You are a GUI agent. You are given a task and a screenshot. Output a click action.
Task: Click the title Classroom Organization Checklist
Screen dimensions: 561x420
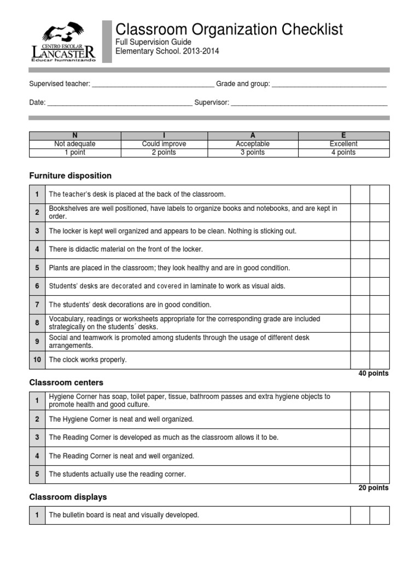(x=229, y=29)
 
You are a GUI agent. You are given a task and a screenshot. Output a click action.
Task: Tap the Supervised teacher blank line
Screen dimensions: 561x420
(x=153, y=85)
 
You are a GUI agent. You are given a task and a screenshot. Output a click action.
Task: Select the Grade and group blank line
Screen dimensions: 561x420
(x=329, y=85)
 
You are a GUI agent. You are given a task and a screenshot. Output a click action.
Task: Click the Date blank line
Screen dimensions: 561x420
(x=120, y=103)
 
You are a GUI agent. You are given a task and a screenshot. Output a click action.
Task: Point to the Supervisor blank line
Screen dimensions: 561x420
(x=309, y=103)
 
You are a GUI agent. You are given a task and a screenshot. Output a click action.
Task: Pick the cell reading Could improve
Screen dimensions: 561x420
(x=164, y=144)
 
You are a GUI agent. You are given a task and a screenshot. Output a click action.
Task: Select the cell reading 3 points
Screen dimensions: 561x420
(x=253, y=153)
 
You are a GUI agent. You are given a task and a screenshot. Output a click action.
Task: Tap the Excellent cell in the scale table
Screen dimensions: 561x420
(x=343, y=144)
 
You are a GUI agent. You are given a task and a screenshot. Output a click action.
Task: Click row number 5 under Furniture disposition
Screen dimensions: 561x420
(x=37, y=268)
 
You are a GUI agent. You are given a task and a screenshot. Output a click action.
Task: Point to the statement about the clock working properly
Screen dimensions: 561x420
(x=87, y=360)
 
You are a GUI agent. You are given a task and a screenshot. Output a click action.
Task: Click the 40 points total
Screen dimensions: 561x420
(x=373, y=374)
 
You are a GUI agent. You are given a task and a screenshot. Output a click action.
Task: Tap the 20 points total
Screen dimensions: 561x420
(x=373, y=488)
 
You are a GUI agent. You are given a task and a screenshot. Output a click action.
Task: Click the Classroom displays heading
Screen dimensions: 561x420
(x=68, y=497)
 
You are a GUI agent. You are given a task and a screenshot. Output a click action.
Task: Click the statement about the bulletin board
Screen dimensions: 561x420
(x=124, y=515)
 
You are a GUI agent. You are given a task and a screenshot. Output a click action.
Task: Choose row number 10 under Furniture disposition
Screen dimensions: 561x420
(x=37, y=360)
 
